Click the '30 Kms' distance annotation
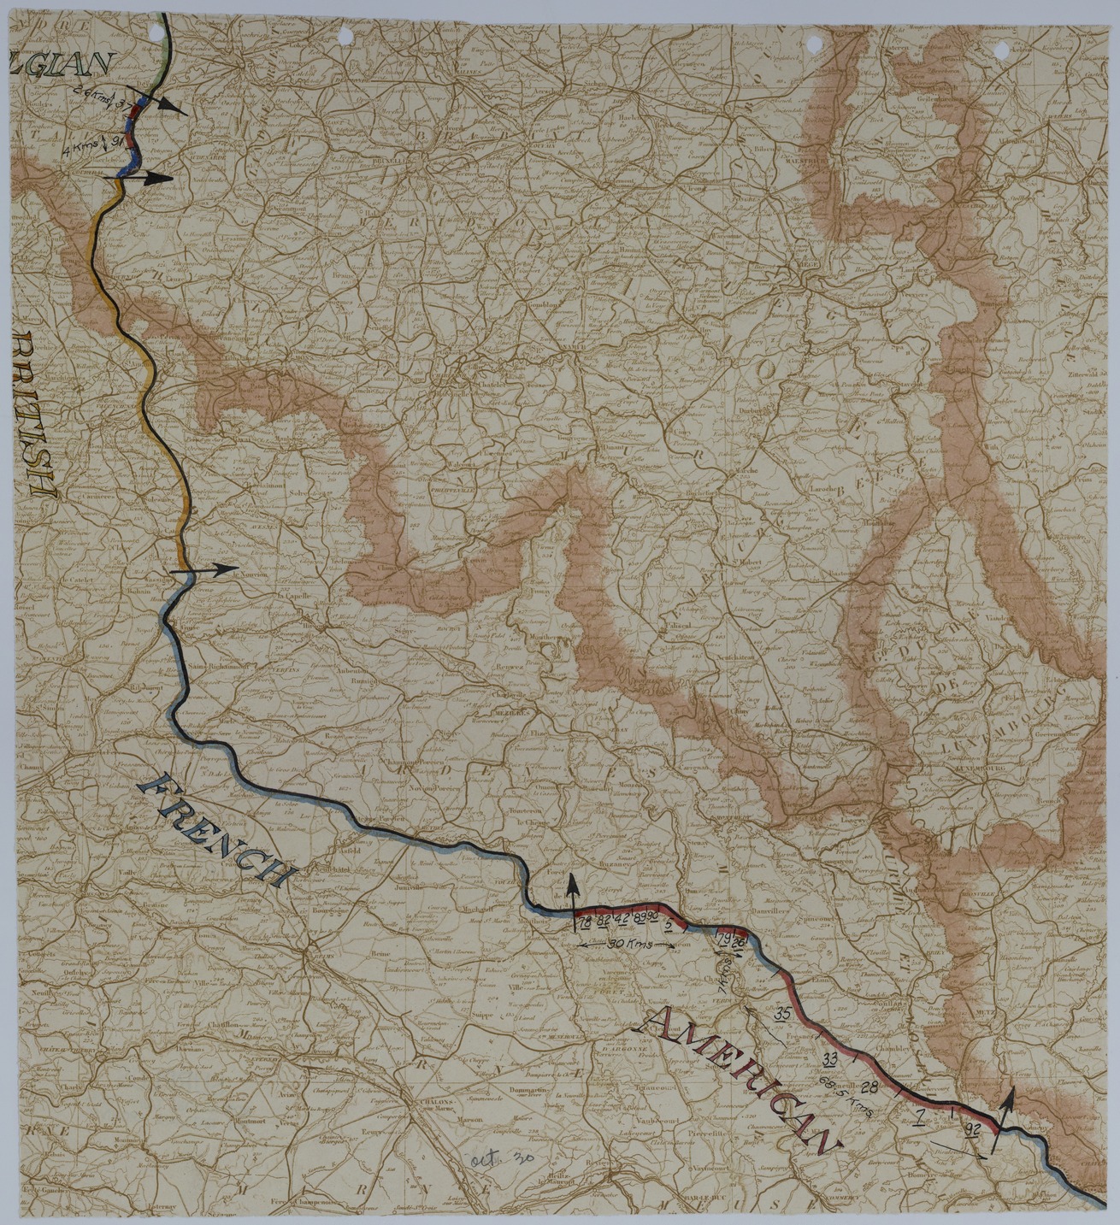point(628,945)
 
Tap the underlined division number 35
point(781,1015)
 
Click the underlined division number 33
point(829,1060)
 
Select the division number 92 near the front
point(970,1130)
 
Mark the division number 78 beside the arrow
point(585,923)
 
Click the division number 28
point(869,1087)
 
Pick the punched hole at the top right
point(1000,50)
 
